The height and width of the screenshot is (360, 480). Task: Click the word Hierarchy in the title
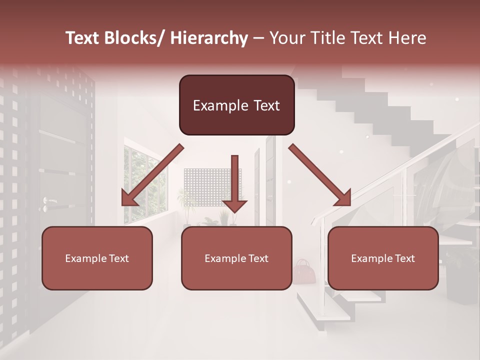208,38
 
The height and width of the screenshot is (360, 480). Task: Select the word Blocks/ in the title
135,38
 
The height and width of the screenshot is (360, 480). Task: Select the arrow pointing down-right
320,175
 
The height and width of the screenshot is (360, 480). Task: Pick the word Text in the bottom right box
404,258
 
